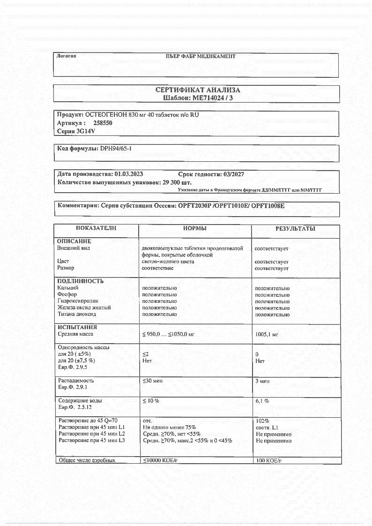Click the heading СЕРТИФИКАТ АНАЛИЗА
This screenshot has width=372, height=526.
coord(197,90)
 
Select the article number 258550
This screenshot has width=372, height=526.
coord(103,123)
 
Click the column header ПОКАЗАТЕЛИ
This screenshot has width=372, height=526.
coord(96,228)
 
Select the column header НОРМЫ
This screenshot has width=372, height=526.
coord(195,228)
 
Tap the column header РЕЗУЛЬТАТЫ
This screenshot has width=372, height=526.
coord(295,229)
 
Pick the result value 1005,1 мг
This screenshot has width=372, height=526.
coord(267,335)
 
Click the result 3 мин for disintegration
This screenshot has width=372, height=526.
coord(262,381)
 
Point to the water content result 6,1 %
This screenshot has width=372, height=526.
coord(262,401)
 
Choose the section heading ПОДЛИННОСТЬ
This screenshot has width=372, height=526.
coord(80,281)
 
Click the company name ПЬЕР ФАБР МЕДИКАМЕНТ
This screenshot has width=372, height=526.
coord(201,57)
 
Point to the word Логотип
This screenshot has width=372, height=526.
coord(66,56)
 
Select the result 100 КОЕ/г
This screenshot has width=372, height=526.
coord(268,461)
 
